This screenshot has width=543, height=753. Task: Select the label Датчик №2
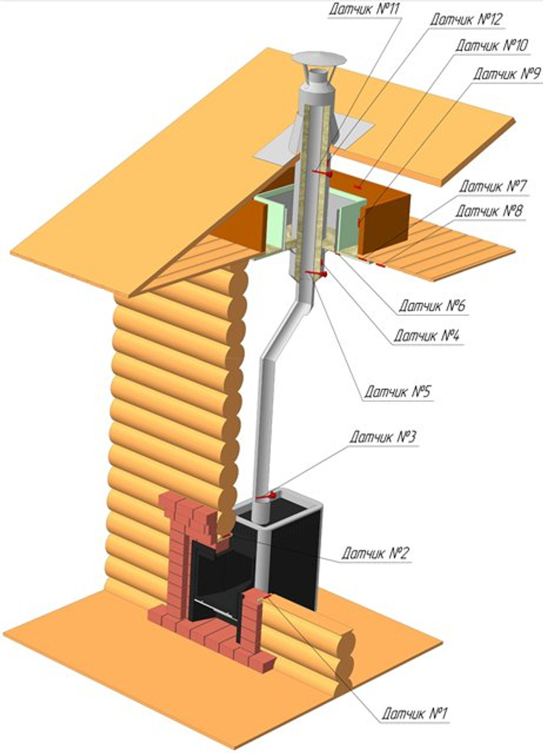coord(375,553)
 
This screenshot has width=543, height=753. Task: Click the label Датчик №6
coord(430,306)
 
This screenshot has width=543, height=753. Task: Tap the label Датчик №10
coord(487,46)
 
